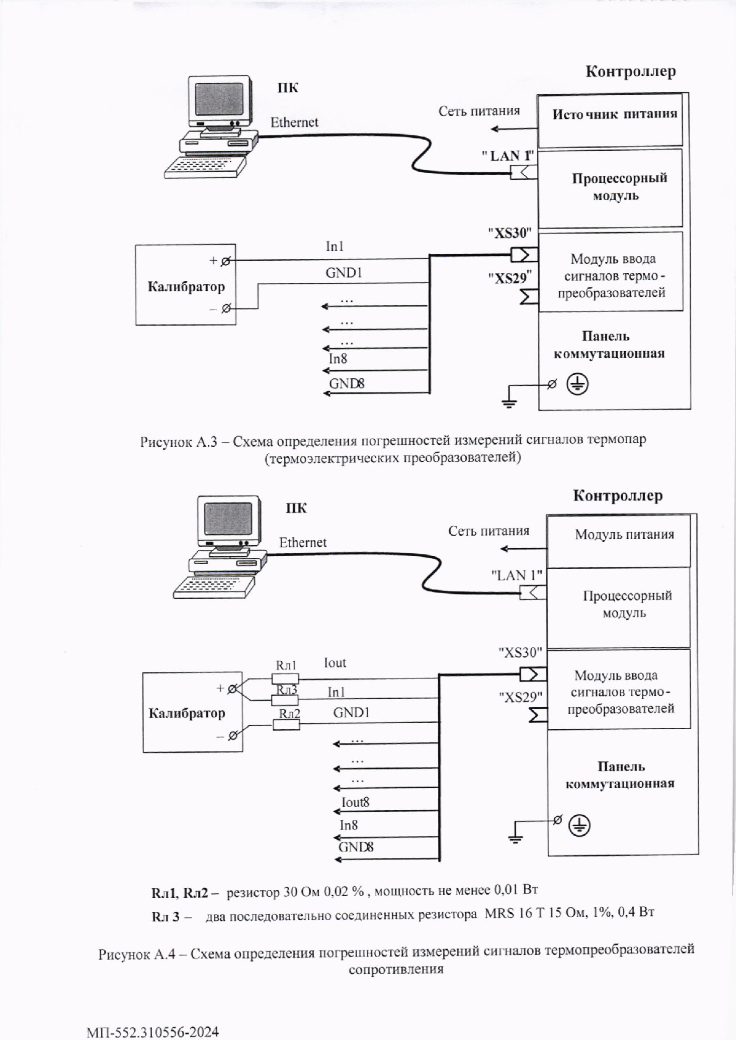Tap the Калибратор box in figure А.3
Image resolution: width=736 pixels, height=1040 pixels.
click(x=186, y=285)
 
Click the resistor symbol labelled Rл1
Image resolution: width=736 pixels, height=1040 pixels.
click(x=285, y=679)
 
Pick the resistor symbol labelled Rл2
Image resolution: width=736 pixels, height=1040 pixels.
click(x=286, y=724)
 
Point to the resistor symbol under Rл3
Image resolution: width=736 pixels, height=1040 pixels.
click(x=285, y=700)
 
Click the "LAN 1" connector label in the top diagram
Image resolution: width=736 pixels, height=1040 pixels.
click(x=507, y=156)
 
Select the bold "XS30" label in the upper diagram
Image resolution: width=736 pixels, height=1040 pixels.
click(x=510, y=234)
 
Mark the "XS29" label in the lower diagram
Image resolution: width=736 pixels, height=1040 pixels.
click(x=520, y=697)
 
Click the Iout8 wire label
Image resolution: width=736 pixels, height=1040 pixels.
click(x=356, y=803)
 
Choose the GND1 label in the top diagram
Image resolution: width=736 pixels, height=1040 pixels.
click(x=344, y=272)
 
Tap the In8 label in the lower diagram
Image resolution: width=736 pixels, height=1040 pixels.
click(x=349, y=825)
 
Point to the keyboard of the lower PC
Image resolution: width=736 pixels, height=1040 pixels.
click(x=215, y=586)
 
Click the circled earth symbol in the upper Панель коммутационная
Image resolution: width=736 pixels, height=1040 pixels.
click(x=578, y=385)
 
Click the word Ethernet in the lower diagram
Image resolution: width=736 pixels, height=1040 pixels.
click(x=303, y=543)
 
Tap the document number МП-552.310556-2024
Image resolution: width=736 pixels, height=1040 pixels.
click(x=153, y=1032)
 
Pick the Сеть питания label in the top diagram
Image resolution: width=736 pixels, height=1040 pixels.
click(x=479, y=111)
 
